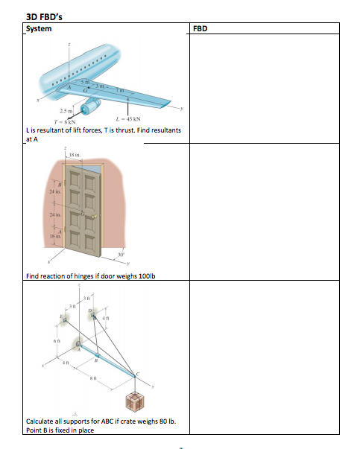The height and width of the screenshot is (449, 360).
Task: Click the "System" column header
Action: (x=40, y=29)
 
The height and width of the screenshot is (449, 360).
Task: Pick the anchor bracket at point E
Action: (x=65, y=319)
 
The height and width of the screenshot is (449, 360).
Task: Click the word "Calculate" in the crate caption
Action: (x=41, y=422)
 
